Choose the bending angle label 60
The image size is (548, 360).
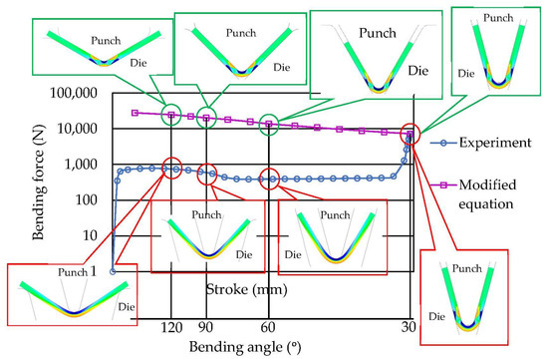[x=267, y=328]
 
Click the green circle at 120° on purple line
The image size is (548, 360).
[x=171, y=115]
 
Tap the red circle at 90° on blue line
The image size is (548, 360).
[x=206, y=172]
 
